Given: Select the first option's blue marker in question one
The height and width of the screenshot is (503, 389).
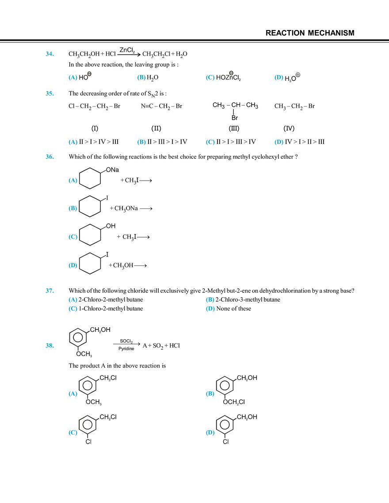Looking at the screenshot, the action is (72, 78).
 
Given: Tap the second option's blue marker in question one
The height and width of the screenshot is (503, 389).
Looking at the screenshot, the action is (141, 78).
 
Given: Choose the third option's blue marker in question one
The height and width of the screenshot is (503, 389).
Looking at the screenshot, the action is (210, 78).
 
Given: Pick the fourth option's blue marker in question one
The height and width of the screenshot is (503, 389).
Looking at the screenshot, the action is (278, 78).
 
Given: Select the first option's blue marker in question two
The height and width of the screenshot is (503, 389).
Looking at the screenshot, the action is (72, 143).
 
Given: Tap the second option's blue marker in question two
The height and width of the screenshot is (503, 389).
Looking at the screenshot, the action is (141, 143).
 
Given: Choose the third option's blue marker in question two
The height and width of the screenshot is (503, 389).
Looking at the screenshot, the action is (210, 143).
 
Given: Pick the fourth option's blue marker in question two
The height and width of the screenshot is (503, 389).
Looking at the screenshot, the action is (278, 143).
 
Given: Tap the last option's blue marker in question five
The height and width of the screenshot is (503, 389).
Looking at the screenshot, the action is (210, 433).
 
